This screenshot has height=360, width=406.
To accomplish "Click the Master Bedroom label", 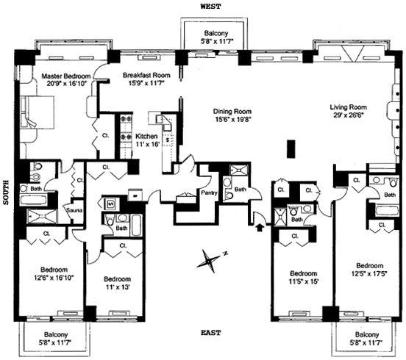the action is (x=66, y=76).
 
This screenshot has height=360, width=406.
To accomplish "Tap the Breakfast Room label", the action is (x=146, y=75).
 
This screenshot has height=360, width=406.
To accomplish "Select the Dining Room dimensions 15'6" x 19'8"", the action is (x=232, y=119).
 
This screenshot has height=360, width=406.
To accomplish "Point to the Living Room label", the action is (x=348, y=107).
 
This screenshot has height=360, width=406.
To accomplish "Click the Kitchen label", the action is (x=146, y=137).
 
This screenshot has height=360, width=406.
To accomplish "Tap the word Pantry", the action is (x=209, y=192).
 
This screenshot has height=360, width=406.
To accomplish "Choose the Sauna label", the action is (x=74, y=210).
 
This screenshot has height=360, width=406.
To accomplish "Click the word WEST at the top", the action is (x=211, y=7).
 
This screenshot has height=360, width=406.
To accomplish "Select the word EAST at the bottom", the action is (x=211, y=333).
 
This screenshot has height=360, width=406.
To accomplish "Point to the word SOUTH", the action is (x=6, y=192).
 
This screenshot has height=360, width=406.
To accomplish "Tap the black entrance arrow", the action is (x=259, y=228).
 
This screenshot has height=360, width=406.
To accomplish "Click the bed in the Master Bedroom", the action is (x=38, y=112).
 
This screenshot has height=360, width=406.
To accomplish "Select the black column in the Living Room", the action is (x=291, y=148).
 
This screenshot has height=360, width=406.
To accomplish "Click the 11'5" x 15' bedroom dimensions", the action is (x=304, y=281).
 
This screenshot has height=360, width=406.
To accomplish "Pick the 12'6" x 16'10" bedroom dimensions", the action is (x=54, y=278).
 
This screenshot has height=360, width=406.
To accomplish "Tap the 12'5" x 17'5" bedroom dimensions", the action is (x=369, y=273).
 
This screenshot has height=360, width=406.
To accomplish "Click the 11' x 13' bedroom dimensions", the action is (x=117, y=287).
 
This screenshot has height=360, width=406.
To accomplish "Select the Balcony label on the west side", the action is (x=216, y=33).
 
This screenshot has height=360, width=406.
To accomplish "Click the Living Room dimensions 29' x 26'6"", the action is (x=349, y=115).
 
